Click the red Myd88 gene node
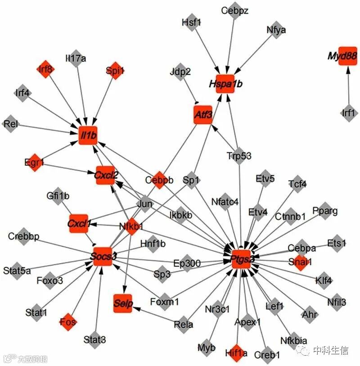[347, 56]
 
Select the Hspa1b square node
[225, 84]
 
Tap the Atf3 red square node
[202, 115]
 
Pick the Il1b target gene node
[88, 135]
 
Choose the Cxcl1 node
[79, 223]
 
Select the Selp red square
[123, 304]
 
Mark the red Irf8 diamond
[45, 69]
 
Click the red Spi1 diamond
[115, 70]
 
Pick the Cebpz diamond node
[234, 10]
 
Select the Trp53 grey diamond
[239, 156]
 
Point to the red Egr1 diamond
[35, 162]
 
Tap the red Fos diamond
[68, 322]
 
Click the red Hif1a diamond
[236, 353]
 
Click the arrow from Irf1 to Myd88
[348, 86]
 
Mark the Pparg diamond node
[324, 211]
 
